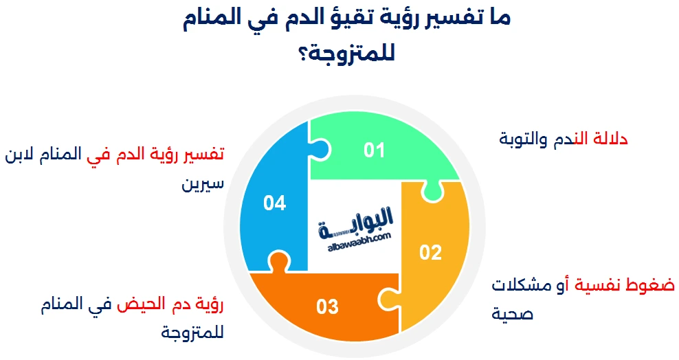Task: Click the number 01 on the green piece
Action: pos(374,150)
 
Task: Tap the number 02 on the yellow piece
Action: pos(430,253)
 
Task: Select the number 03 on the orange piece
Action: pos(328,306)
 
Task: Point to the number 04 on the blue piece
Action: pos(274,203)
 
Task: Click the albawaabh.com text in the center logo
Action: pos(355,237)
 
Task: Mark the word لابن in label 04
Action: pos(21,154)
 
